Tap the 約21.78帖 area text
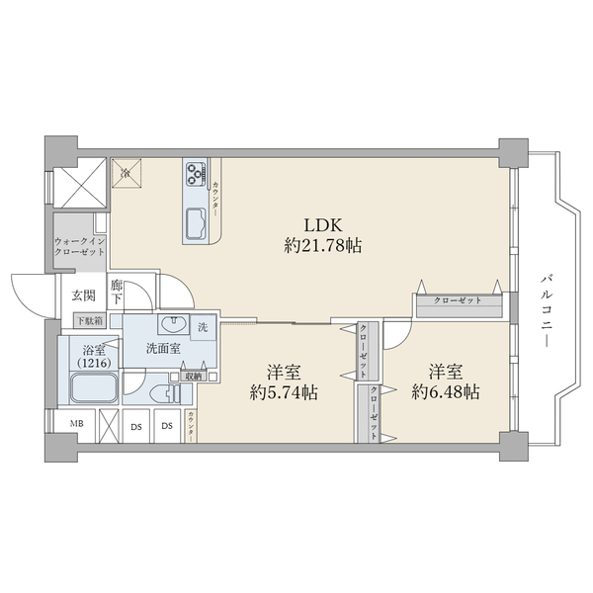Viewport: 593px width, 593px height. [322, 246]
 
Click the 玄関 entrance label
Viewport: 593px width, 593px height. [82, 295]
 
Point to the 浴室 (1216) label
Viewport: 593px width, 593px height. [94, 357]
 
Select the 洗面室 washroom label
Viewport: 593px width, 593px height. [161, 348]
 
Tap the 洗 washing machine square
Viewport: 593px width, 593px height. [203, 328]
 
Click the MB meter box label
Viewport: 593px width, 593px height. [75, 426]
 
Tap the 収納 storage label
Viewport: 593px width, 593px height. [191, 376]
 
